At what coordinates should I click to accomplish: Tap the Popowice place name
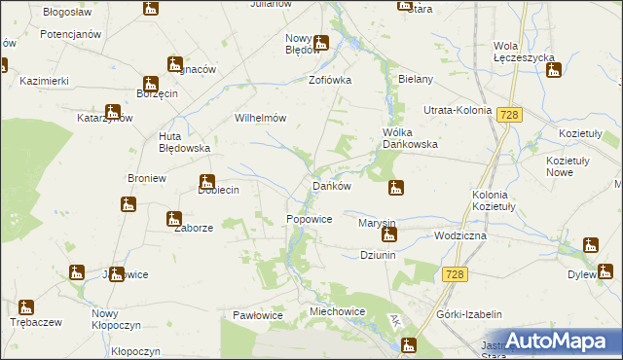coord(310,220)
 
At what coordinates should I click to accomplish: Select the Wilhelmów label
coord(260,118)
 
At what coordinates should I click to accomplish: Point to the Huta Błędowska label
coord(185,142)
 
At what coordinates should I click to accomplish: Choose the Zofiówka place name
coord(330,80)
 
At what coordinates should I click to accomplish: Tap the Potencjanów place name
coord(71,34)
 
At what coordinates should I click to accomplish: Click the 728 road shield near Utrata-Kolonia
coord(508,115)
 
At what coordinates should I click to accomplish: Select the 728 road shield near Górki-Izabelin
coord(453,275)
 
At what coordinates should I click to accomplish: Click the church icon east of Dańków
coord(395,187)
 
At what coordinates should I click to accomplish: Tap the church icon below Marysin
coord(388,234)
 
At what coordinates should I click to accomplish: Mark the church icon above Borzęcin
coord(151,84)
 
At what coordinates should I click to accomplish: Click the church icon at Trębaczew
coord(26,307)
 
